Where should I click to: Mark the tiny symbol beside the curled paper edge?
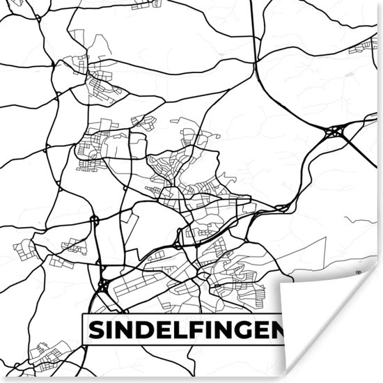pos(357,272)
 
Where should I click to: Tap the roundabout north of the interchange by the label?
pos(94,220)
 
